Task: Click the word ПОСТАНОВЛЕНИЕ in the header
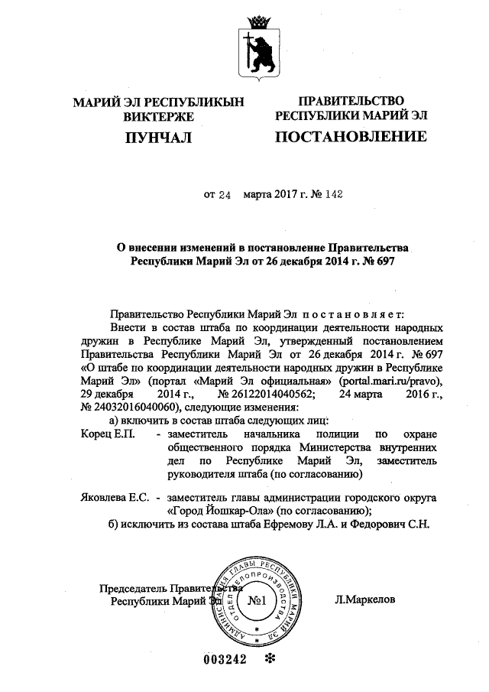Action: point(351,138)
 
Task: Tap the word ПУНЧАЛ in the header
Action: point(158,138)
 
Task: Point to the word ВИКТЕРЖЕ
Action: point(158,117)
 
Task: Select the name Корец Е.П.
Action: point(107,434)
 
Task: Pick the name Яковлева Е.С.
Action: point(114,497)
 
